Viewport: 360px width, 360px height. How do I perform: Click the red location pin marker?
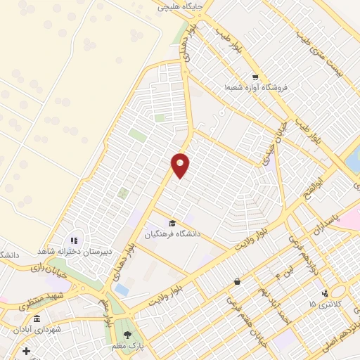point(181,165)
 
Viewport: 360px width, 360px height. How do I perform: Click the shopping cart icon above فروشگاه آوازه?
point(255,77)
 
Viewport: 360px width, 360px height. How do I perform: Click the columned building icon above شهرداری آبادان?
point(37,319)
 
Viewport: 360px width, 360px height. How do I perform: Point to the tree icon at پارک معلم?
point(127,334)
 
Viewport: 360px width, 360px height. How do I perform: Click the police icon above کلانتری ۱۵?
point(324,293)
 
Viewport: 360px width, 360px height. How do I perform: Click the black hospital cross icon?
point(26,351)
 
